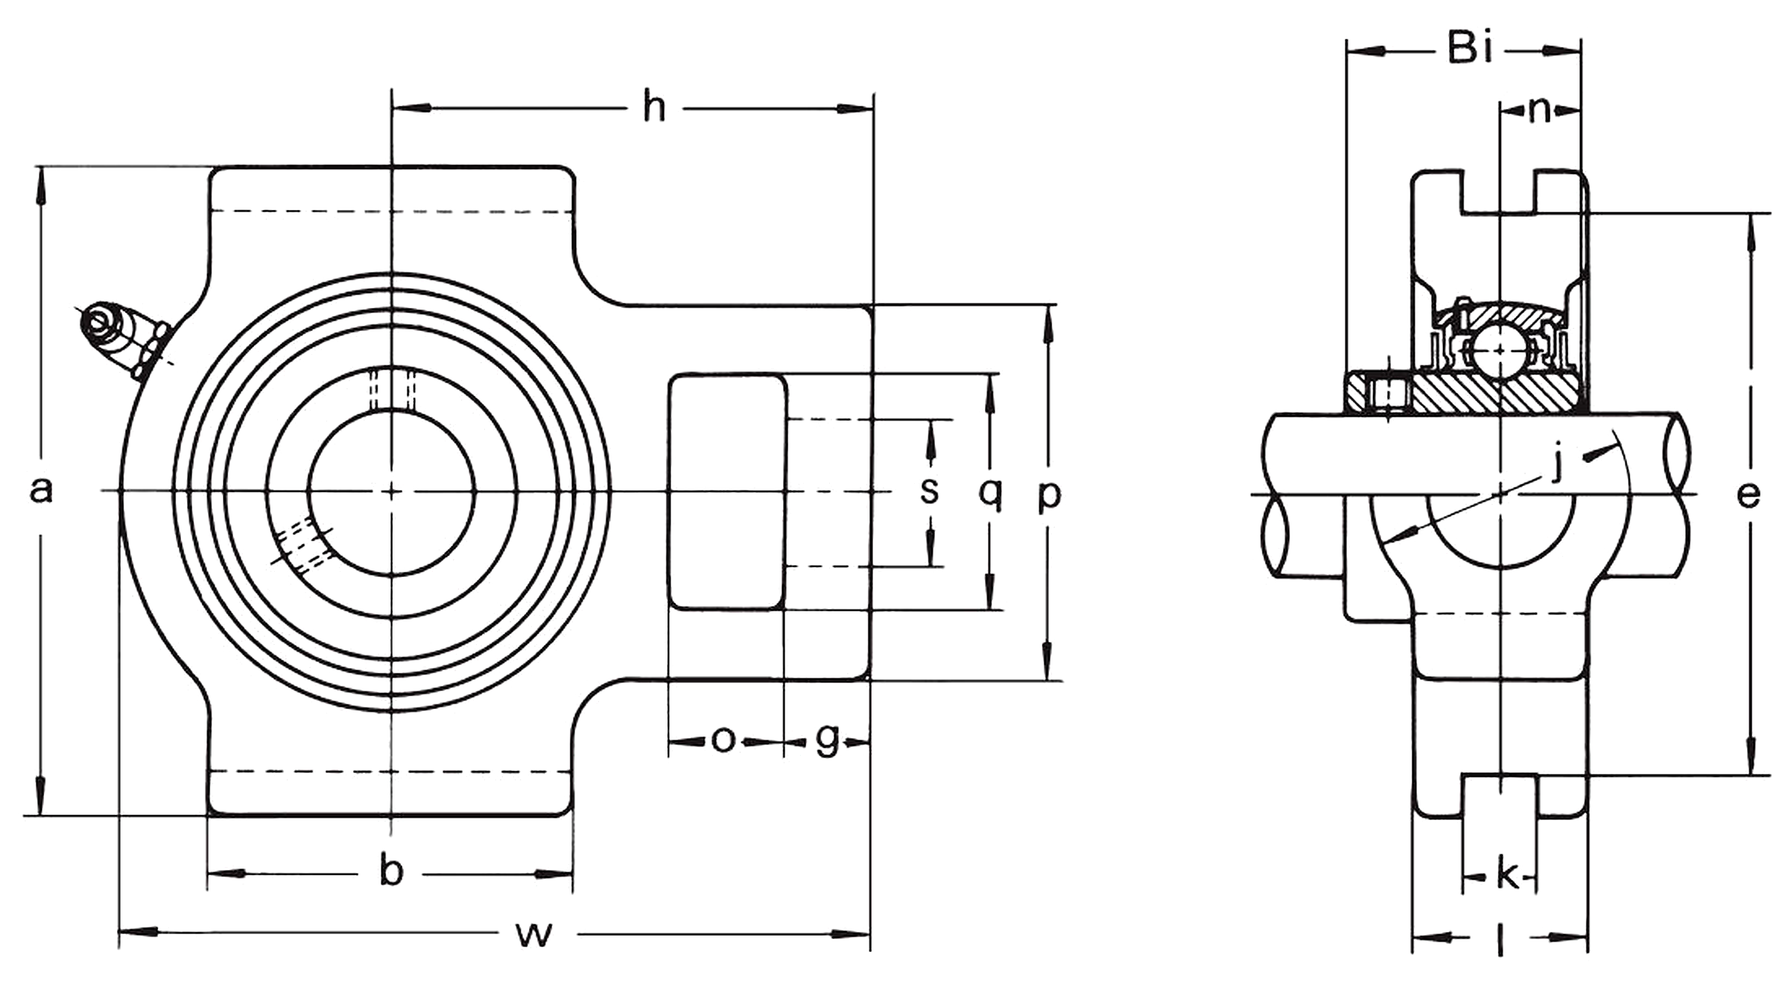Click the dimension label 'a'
coord(42,491)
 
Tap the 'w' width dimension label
coord(533,933)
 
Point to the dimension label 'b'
coord(391,872)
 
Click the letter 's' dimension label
coord(929,491)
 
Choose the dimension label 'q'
coord(990,492)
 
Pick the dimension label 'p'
coord(1049,494)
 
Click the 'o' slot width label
coord(723,740)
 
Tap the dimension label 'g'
coord(827,740)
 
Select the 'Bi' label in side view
coord(1469,49)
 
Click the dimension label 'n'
coord(1539,110)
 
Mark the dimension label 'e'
coord(1749,494)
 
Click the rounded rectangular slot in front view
coord(726,492)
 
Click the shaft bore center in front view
coord(391,491)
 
